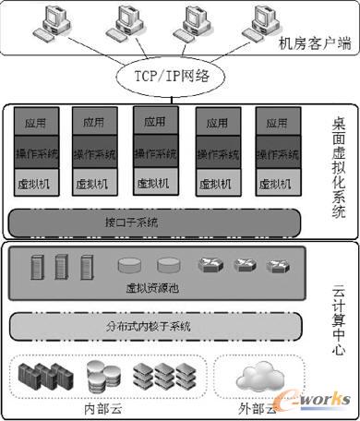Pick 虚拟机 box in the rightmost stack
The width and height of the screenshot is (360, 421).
pyautogui.click(x=277, y=183)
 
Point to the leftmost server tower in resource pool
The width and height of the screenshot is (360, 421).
pyautogui.click(x=34, y=267)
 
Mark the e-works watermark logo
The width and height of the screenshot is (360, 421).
pyautogui.click(x=315, y=396)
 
